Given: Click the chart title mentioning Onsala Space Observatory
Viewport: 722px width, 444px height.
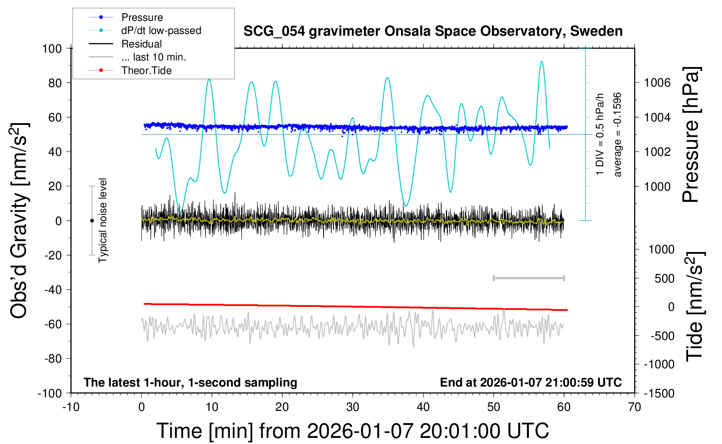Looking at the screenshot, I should pos(433,31).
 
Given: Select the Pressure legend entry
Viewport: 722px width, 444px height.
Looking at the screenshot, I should pos(142,17).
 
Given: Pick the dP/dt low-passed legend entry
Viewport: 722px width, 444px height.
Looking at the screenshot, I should pos(161,30).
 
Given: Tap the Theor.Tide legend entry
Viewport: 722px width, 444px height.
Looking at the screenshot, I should pos(146,71).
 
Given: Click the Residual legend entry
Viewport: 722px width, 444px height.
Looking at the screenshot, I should pos(141,44).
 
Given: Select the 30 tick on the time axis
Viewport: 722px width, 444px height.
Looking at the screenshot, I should pos(353,407).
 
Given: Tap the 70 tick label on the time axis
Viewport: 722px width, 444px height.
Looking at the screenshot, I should pos(635,407).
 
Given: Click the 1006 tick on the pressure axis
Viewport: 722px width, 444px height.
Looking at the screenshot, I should pos(657,83).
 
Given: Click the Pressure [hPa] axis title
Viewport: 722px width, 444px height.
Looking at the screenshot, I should pos(691,135).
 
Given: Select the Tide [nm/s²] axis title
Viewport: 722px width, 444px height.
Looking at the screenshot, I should pos(695,306).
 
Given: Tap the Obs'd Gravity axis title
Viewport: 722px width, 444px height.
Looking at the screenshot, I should pos(20,221).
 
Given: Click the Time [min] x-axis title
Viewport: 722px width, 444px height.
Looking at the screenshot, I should pos(352,431).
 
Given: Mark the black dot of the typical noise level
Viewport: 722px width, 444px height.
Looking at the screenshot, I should pos(92,221).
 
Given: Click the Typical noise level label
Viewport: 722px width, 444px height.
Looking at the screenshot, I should pos(103,221).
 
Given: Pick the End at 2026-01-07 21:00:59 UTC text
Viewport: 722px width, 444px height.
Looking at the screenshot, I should pos(531,382).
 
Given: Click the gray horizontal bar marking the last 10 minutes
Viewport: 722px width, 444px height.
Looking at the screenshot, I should pos(528,278).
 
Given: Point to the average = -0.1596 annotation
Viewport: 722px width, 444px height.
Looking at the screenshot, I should pos(618,135).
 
